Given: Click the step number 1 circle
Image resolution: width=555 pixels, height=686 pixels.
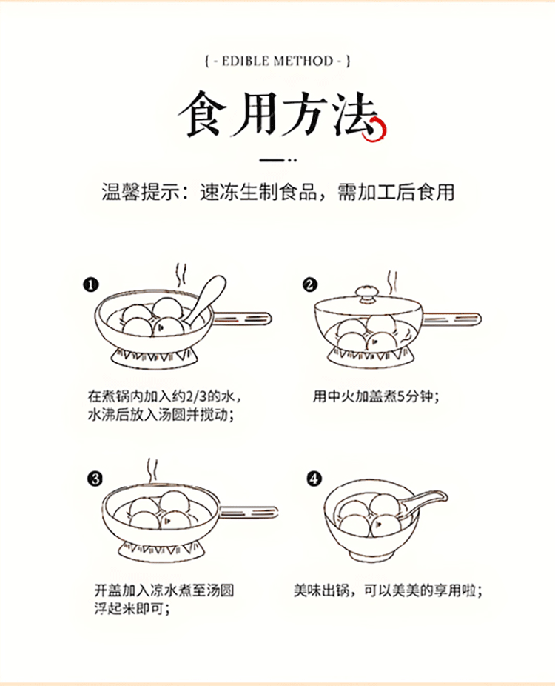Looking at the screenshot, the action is (90, 285).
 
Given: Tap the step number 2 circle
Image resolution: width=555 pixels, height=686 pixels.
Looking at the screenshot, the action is (310, 284).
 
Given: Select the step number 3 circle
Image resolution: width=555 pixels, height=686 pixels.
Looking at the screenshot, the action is (95, 479).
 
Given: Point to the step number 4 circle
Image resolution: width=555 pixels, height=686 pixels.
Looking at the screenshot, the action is (314, 479).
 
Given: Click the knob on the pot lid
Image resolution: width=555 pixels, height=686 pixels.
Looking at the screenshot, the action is (366, 293).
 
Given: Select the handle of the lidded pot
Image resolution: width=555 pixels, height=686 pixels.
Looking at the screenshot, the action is (452, 319).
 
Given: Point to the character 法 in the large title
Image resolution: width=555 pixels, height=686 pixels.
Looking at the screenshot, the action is (354, 115).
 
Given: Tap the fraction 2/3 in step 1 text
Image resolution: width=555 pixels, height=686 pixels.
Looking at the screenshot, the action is (196, 396).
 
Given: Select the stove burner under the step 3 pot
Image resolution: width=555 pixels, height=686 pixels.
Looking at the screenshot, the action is (160, 552).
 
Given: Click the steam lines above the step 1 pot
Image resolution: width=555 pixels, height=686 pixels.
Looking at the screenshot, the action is (181, 275).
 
